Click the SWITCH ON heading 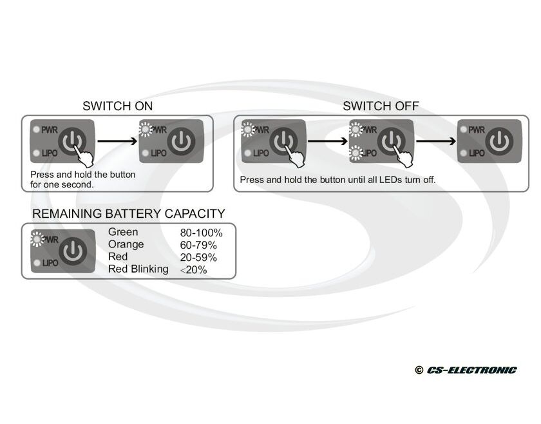[x=118, y=106]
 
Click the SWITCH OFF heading [x=381, y=106]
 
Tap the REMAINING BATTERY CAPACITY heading [x=129, y=213]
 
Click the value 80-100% [x=201, y=233]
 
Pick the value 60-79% [x=198, y=246]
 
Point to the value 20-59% [x=198, y=258]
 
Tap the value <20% [x=194, y=270]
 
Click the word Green [x=123, y=232]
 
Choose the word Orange [x=126, y=244]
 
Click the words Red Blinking [x=138, y=269]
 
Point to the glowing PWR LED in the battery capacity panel [x=37, y=240]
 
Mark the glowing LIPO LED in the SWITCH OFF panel [x=355, y=153]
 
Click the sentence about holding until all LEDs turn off [x=338, y=180]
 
